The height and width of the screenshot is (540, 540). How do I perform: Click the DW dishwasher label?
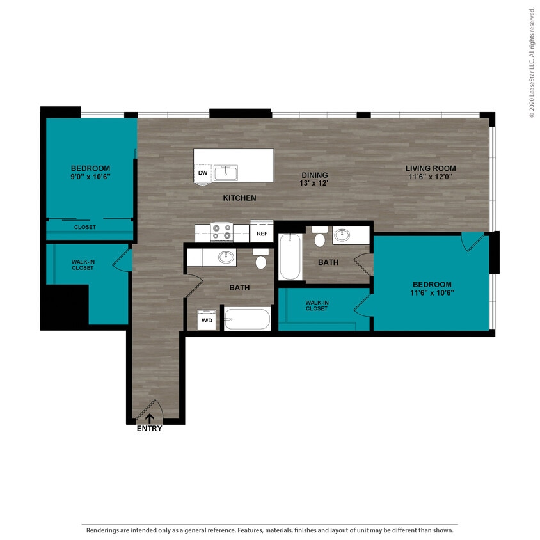pyautogui.click(x=203, y=173)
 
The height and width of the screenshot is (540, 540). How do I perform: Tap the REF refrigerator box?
pyautogui.click(x=262, y=234)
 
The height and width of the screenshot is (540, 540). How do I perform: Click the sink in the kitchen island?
pyautogui.click(x=226, y=173)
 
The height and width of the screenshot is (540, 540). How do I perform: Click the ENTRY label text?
pyautogui.click(x=150, y=429)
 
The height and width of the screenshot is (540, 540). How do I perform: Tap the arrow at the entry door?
pyautogui.click(x=150, y=418)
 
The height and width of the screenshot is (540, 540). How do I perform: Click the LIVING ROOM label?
pyautogui.click(x=431, y=169)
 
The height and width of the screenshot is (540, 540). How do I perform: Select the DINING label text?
pyautogui.click(x=314, y=175)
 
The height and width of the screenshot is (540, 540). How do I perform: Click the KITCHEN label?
pyautogui.click(x=239, y=198)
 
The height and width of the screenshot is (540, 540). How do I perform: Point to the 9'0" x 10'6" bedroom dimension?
pyautogui.click(x=90, y=177)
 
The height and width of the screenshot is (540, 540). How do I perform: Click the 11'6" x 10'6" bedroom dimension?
pyautogui.click(x=432, y=294)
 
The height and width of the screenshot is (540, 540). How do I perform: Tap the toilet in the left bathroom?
pyautogui.click(x=260, y=260)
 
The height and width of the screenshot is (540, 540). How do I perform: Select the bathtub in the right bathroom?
pyautogui.click(x=290, y=256)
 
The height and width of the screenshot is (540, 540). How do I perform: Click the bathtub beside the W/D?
pyautogui.click(x=247, y=318)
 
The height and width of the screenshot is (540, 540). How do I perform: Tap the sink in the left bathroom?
pyautogui.click(x=225, y=257)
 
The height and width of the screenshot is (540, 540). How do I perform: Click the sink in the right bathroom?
pyautogui.click(x=342, y=235)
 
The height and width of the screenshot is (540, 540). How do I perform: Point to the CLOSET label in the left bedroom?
pyautogui.click(x=85, y=227)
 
